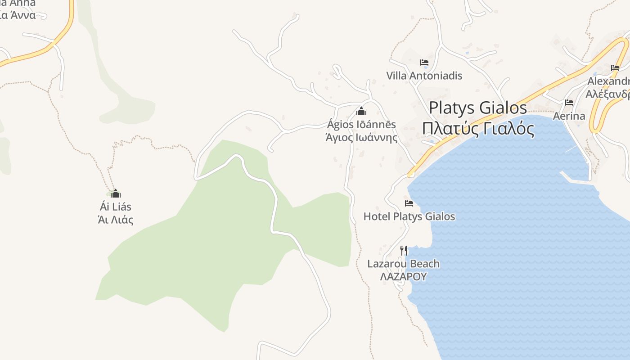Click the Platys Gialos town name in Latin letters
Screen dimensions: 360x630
point(477,108)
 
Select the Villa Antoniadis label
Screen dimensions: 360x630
point(424,76)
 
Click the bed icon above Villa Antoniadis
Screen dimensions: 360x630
point(424,63)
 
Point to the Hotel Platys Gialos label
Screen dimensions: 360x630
point(409,216)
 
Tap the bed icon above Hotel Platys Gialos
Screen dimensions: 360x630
point(409,203)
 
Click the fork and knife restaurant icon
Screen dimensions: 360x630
point(404,250)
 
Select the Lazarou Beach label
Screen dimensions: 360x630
point(403,264)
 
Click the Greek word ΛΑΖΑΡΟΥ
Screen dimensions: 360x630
point(403,276)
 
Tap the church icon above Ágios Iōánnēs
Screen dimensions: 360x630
point(361,111)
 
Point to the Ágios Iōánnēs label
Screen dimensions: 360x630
point(361,125)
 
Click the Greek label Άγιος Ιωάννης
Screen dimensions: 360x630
point(361,137)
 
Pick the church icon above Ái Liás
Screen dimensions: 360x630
point(116,194)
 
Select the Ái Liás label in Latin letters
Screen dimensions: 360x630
point(116,207)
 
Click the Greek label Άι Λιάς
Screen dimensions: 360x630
point(116,220)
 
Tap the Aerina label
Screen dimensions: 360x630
point(569,116)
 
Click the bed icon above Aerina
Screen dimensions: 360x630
point(569,103)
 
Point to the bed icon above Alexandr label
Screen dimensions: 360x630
point(615,68)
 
